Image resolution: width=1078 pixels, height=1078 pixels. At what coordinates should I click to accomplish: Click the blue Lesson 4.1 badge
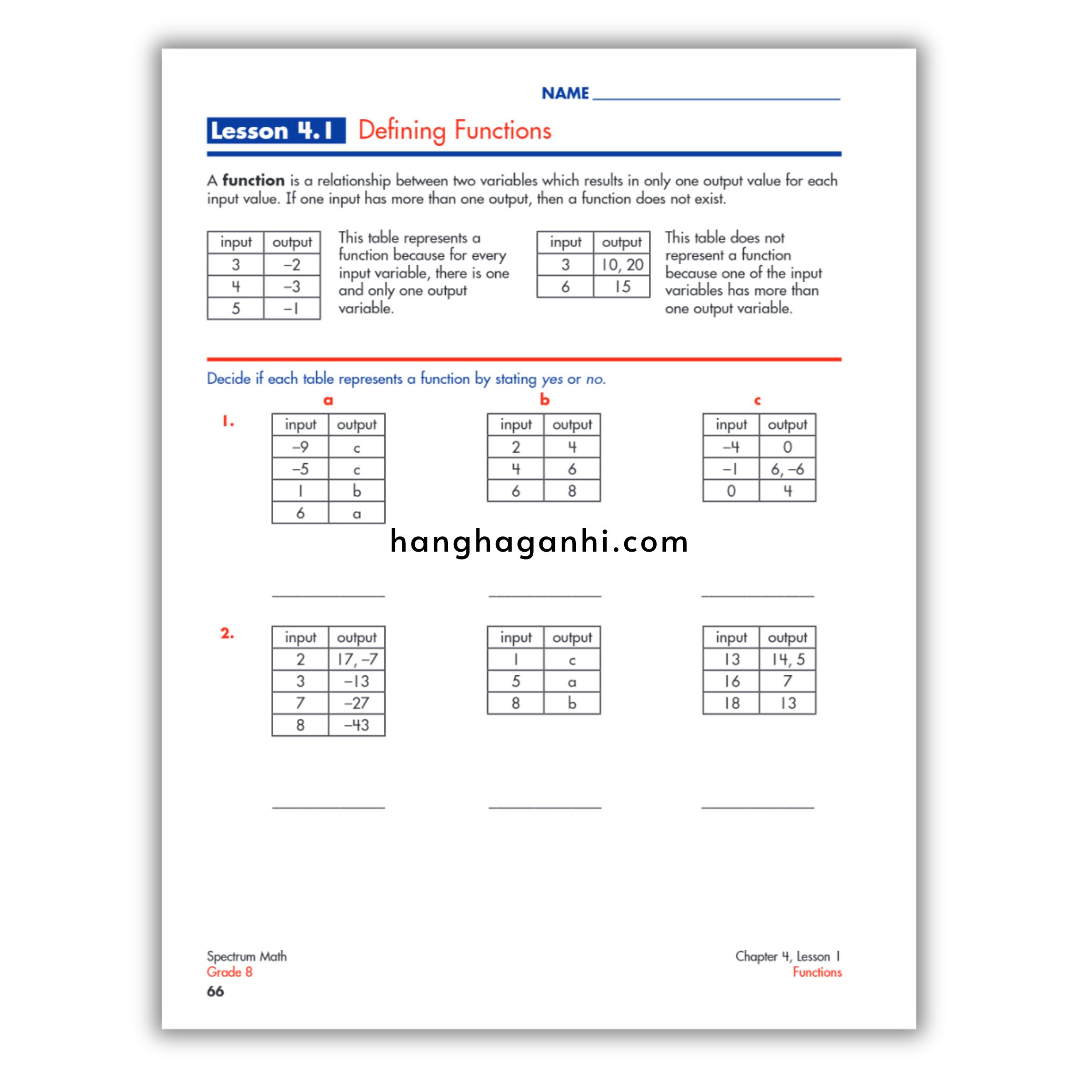[276, 131]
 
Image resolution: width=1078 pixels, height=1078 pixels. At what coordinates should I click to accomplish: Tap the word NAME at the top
[565, 93]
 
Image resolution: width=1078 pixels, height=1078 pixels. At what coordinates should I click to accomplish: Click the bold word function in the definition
[253, 180]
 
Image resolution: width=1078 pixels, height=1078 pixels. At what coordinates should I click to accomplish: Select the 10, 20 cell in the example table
[622, 264]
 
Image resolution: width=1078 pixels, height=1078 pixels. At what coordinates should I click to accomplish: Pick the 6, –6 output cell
[787, 469]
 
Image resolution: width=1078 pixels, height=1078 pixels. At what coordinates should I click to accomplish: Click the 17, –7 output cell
[356, 660]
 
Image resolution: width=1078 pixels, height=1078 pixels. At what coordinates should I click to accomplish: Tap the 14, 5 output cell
[787, 660]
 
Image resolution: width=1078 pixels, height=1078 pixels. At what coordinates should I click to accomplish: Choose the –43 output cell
[356, 725]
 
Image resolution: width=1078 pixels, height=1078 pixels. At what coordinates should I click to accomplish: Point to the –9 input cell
[300, 447]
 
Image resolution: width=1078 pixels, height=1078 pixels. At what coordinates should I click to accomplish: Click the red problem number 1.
[227, 421]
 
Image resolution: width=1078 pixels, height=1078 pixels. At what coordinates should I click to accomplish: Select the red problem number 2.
[227, 633]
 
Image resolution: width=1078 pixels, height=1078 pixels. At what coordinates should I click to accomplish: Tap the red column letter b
[545, 400]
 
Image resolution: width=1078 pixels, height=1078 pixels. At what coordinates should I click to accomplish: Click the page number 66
[215, 991]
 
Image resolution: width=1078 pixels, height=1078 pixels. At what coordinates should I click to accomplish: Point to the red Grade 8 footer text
[229, 972]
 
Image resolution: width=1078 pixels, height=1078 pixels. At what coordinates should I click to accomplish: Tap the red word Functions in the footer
[817, 972]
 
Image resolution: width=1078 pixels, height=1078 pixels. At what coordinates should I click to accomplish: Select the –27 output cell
[356, 703]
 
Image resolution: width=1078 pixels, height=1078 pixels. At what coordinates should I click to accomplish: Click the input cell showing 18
[731, 703]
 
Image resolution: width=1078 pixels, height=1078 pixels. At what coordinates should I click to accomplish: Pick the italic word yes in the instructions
[552, 380]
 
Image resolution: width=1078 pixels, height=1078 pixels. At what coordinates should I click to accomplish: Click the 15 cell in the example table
[622, 287]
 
